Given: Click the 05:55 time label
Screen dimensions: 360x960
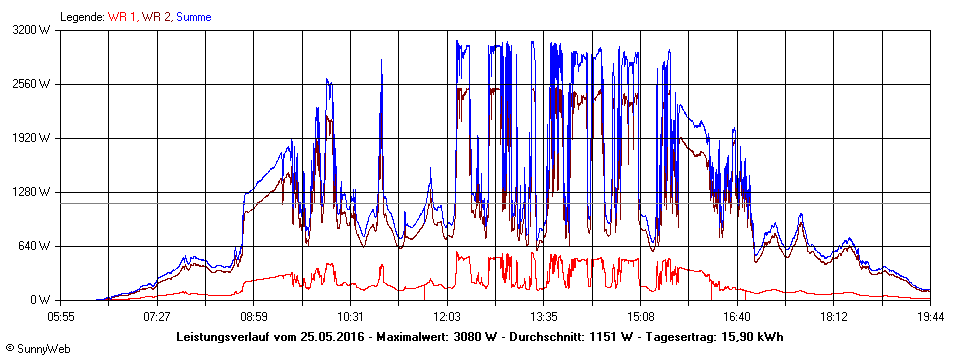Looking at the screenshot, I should (x=61, y=316).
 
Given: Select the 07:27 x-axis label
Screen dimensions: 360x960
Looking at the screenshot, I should (x=157, y=316).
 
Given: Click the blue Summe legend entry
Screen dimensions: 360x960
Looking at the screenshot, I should (x=194, y=17).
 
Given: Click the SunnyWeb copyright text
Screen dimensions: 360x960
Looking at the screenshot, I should (x=38, y=349).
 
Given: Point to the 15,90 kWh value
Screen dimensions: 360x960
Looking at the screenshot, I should (x=756, y=336).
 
